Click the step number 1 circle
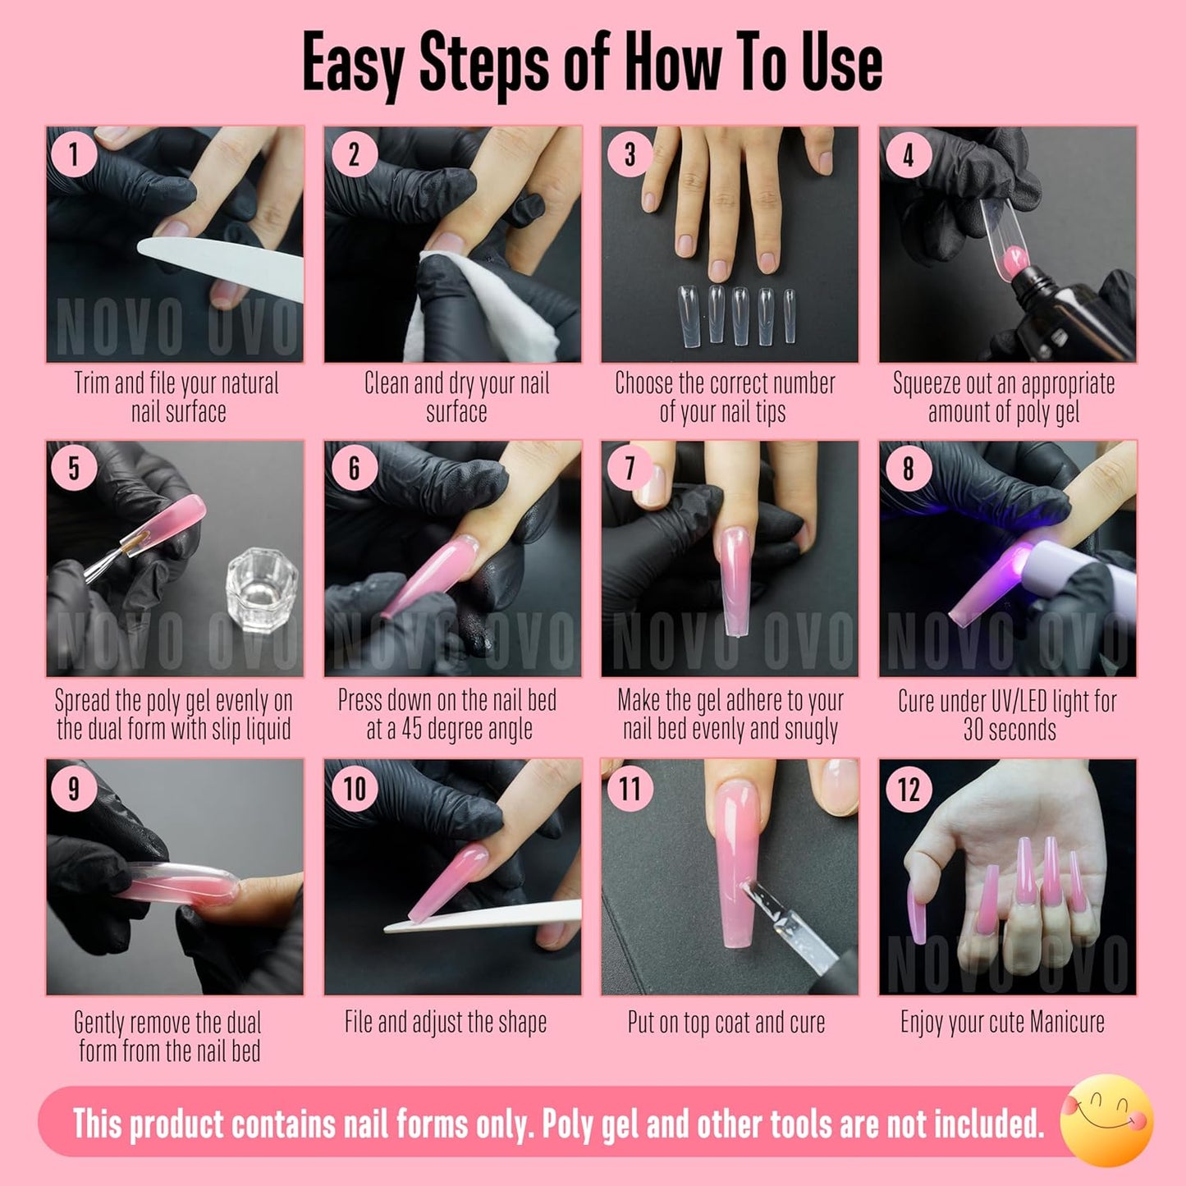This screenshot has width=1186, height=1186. (x=75, y=153)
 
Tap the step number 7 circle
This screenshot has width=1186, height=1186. (x=630, y=469)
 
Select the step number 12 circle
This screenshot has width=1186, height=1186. (x=909, y=789)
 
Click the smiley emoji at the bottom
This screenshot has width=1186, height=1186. (x=1106, y=1121)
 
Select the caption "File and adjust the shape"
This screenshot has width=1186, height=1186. (x=446, y=1023)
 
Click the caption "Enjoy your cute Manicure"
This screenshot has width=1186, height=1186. (x=1002, y=1023)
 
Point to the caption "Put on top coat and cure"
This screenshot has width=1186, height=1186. (x=726, y=1023)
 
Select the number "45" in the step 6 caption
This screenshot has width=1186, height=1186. (x=412, y=729)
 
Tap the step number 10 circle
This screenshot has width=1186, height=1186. (x=354, y=789)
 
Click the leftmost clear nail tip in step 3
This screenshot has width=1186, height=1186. (x=688, y=315)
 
